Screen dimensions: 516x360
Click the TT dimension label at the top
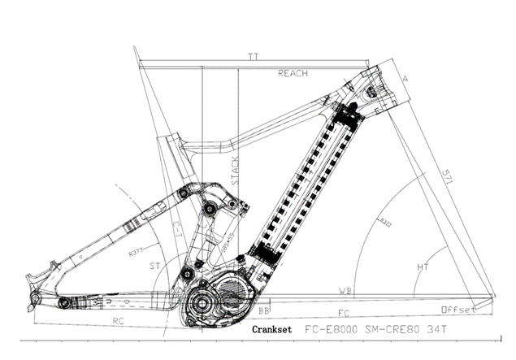tap(253, 56)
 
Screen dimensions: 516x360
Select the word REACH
tap(293, 73)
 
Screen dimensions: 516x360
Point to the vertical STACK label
tap(235, 171)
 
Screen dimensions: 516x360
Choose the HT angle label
tap(423, 266)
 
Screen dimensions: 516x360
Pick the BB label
tap(263, 310)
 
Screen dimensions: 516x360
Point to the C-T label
tap(176, 229)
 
